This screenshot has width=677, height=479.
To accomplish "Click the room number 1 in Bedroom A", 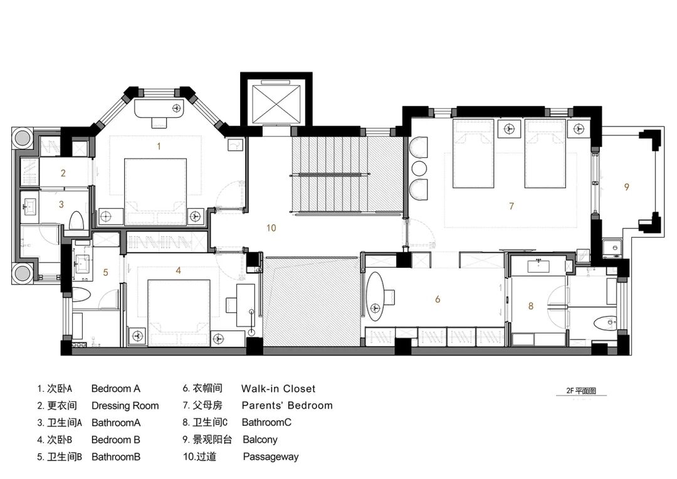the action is (x=159, y=147).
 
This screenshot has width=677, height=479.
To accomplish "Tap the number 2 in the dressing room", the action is (x=63, y=173).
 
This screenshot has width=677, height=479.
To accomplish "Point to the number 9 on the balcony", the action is (x=626, y=187).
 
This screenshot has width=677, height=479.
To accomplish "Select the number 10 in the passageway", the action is (x=271, y=228).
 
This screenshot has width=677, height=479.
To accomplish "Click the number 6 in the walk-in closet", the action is (x=438, y=299).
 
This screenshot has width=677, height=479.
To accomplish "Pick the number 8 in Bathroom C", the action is (x=531, y=306).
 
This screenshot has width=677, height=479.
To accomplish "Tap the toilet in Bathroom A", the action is (x=76, y=220).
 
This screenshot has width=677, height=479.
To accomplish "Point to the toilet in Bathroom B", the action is (x=81, y=295).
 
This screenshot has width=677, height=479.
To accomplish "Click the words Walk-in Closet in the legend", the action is (x=278, y=389).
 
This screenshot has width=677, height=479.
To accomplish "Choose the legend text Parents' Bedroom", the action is (x=287, y=406).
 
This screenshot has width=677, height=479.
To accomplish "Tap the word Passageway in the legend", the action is (x=271, y=456).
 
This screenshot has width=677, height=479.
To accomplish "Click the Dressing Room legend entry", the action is (x=125, y=406).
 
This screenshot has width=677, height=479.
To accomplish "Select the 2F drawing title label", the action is (x=581, y=391).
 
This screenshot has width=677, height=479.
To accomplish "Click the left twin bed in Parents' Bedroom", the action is (x=473, y=154).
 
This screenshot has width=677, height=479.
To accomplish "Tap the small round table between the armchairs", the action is (x=419, y=169).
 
